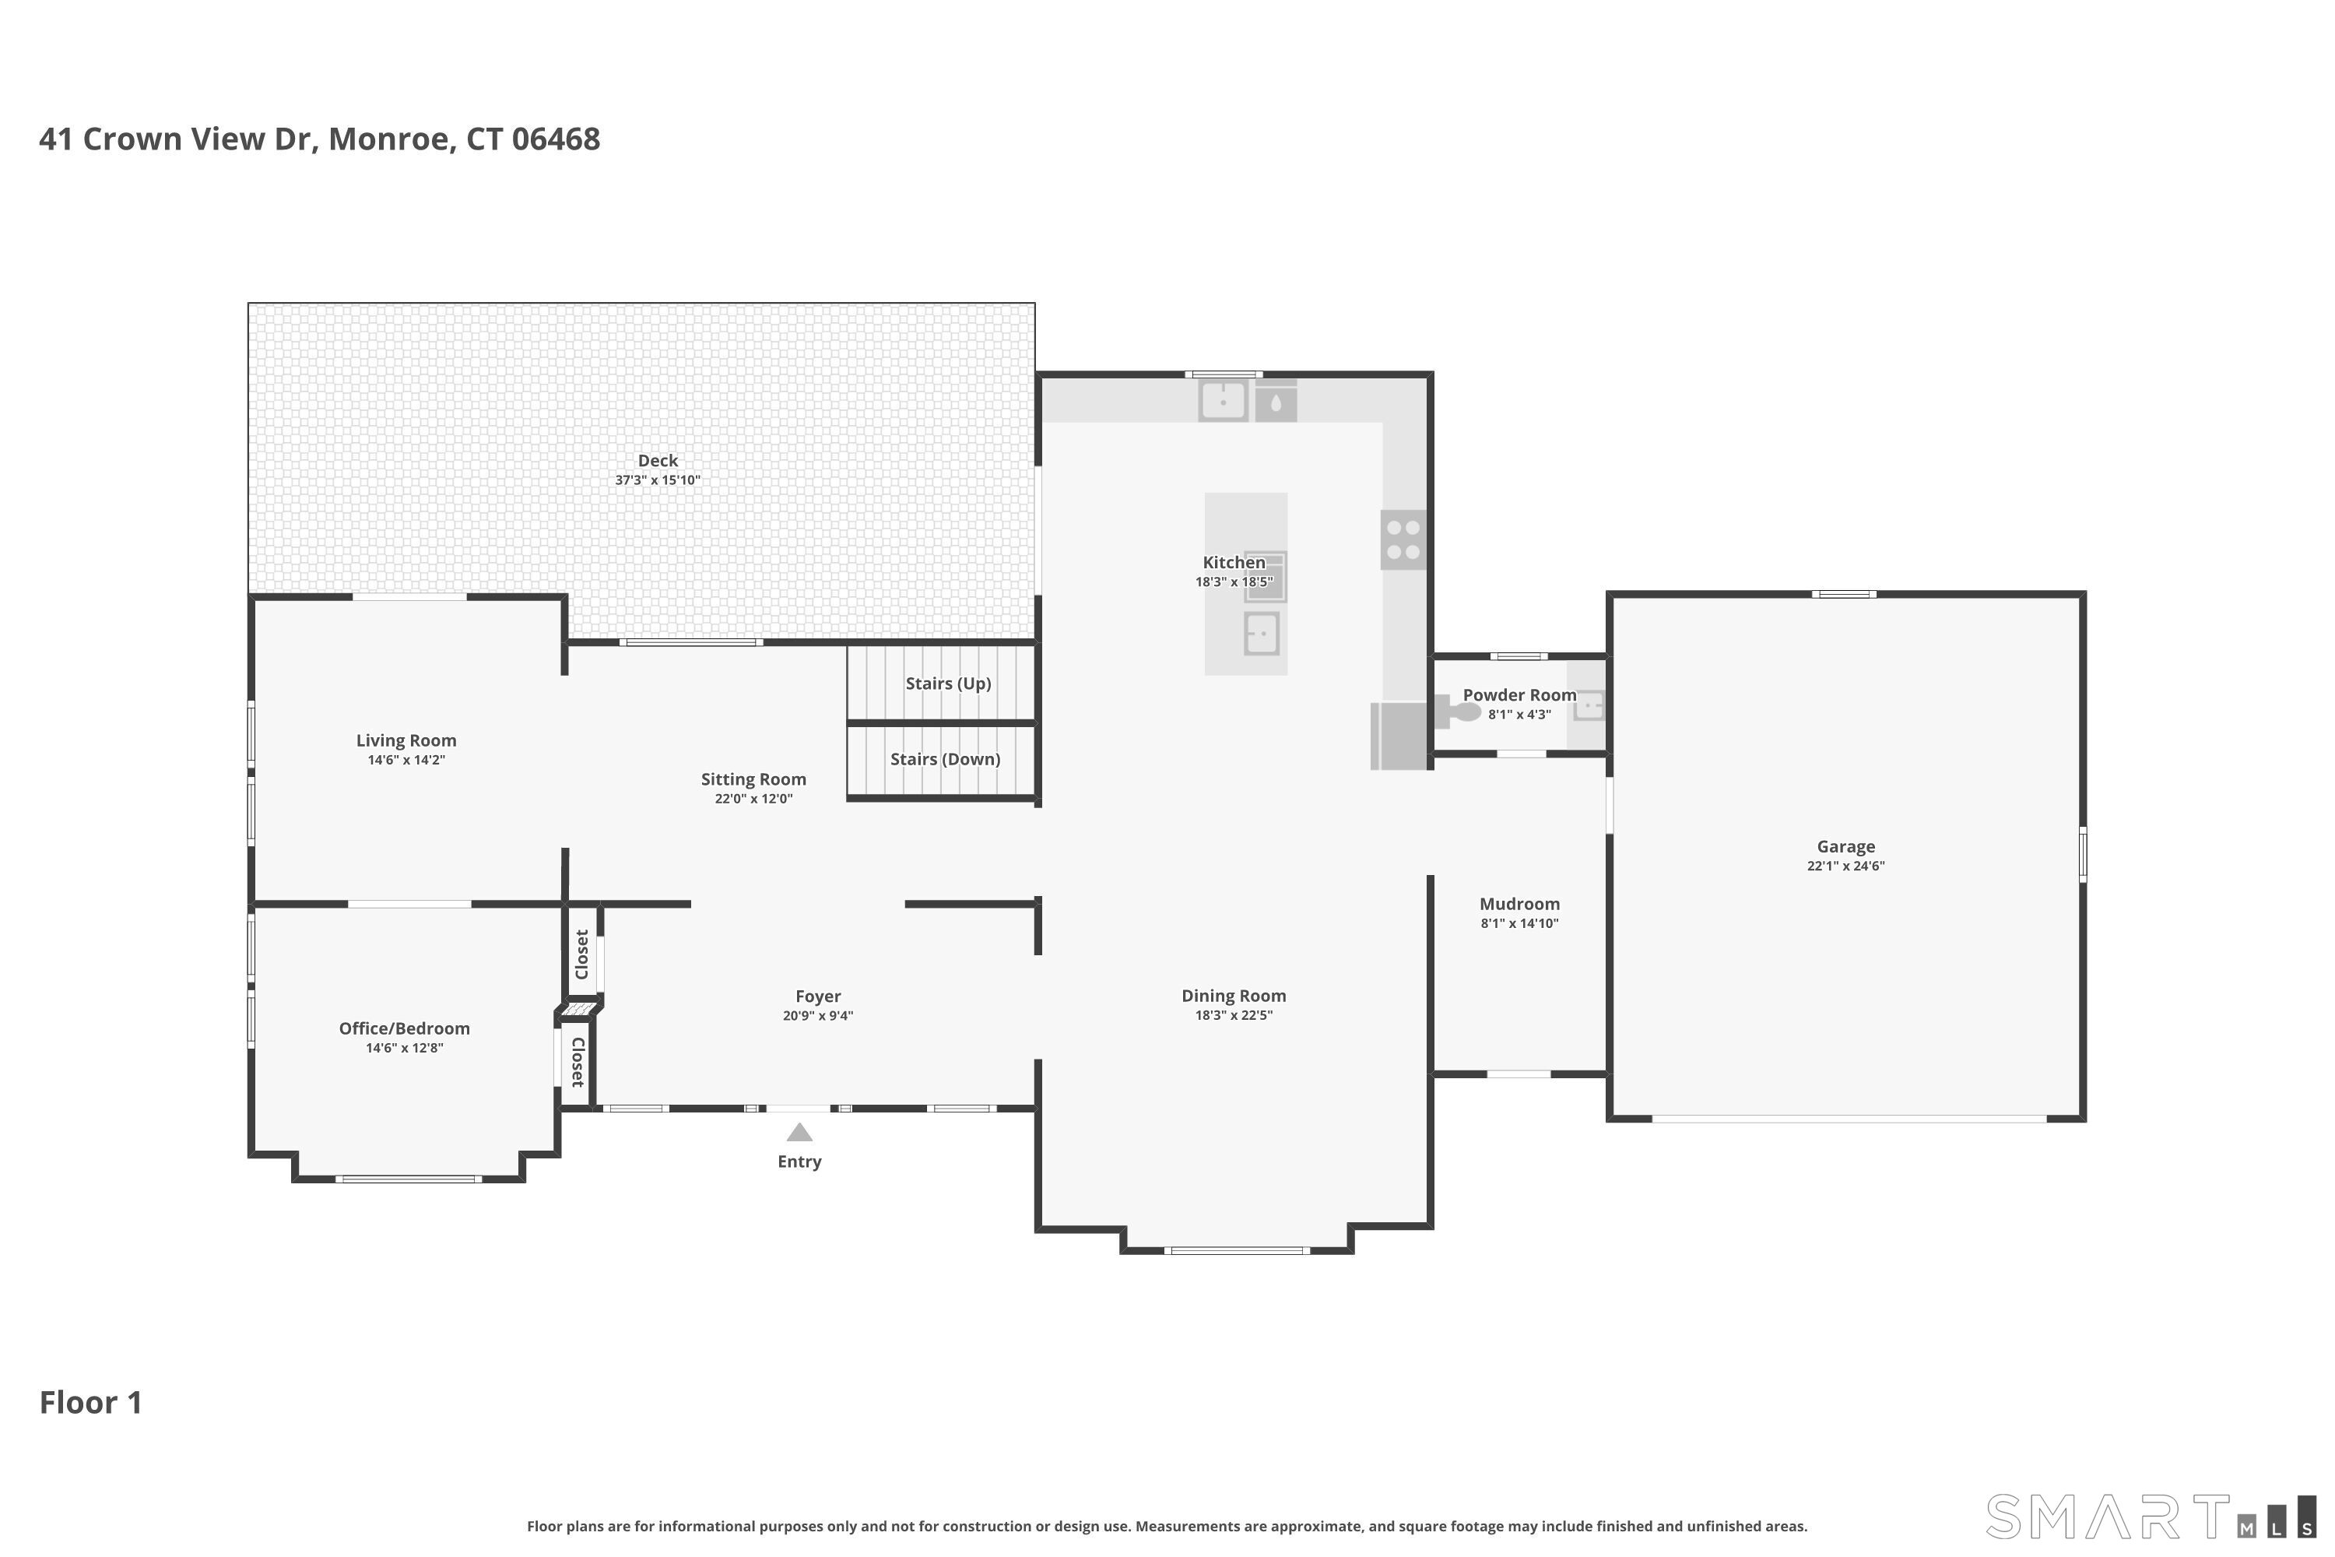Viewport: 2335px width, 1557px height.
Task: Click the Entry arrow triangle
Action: [799, 1133]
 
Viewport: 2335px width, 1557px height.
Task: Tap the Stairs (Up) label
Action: [947, 684]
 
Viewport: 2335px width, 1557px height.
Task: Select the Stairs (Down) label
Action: [944, 758]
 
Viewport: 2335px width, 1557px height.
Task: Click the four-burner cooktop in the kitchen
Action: [1403, 540]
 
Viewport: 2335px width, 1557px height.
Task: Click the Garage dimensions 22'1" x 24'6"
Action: [1845, 866]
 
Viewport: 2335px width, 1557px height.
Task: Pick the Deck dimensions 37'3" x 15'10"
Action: [657, 480]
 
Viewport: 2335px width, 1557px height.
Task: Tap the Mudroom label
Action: [1519, 904]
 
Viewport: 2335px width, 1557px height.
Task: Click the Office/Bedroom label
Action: [404, 1028]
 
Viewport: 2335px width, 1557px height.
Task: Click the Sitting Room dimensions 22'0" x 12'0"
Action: [753, 800]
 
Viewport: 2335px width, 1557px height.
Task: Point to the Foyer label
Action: [817, 996]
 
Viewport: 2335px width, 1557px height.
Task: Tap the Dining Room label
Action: [1233, 996]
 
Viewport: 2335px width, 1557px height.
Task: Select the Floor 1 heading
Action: [90, 1402]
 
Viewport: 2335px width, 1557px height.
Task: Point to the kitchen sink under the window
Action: [1223, 401]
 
